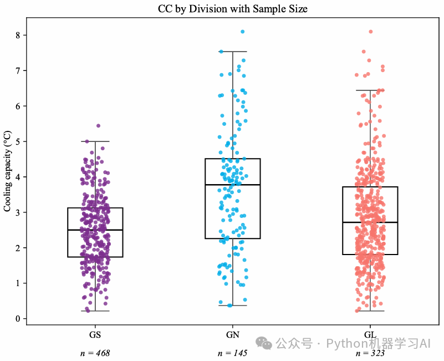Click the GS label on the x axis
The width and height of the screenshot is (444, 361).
(x=95, y=335)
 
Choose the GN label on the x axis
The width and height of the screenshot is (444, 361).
(x=233, y=335)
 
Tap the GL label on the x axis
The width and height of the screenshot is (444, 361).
(x=370, y=335)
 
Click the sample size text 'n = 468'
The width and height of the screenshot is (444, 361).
(x=95, y=353)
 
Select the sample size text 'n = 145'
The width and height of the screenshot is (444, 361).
(x=233, y=353)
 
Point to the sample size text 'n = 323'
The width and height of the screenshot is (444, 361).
(x=370, y=353)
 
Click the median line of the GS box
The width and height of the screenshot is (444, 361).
(x=95, y=230)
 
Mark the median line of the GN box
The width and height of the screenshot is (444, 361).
(x=233, y=185)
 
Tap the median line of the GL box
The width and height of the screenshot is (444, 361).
(x=370, y=222)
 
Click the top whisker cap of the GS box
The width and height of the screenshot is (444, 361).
(x=95, y=141)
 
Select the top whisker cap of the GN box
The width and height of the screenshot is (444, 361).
(x=233, y=52)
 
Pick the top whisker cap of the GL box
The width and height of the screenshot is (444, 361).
(x=370, y=90)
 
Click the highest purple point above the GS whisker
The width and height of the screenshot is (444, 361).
(x=99, y=126)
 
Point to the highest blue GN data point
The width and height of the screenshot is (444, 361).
(x=243, y=32)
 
